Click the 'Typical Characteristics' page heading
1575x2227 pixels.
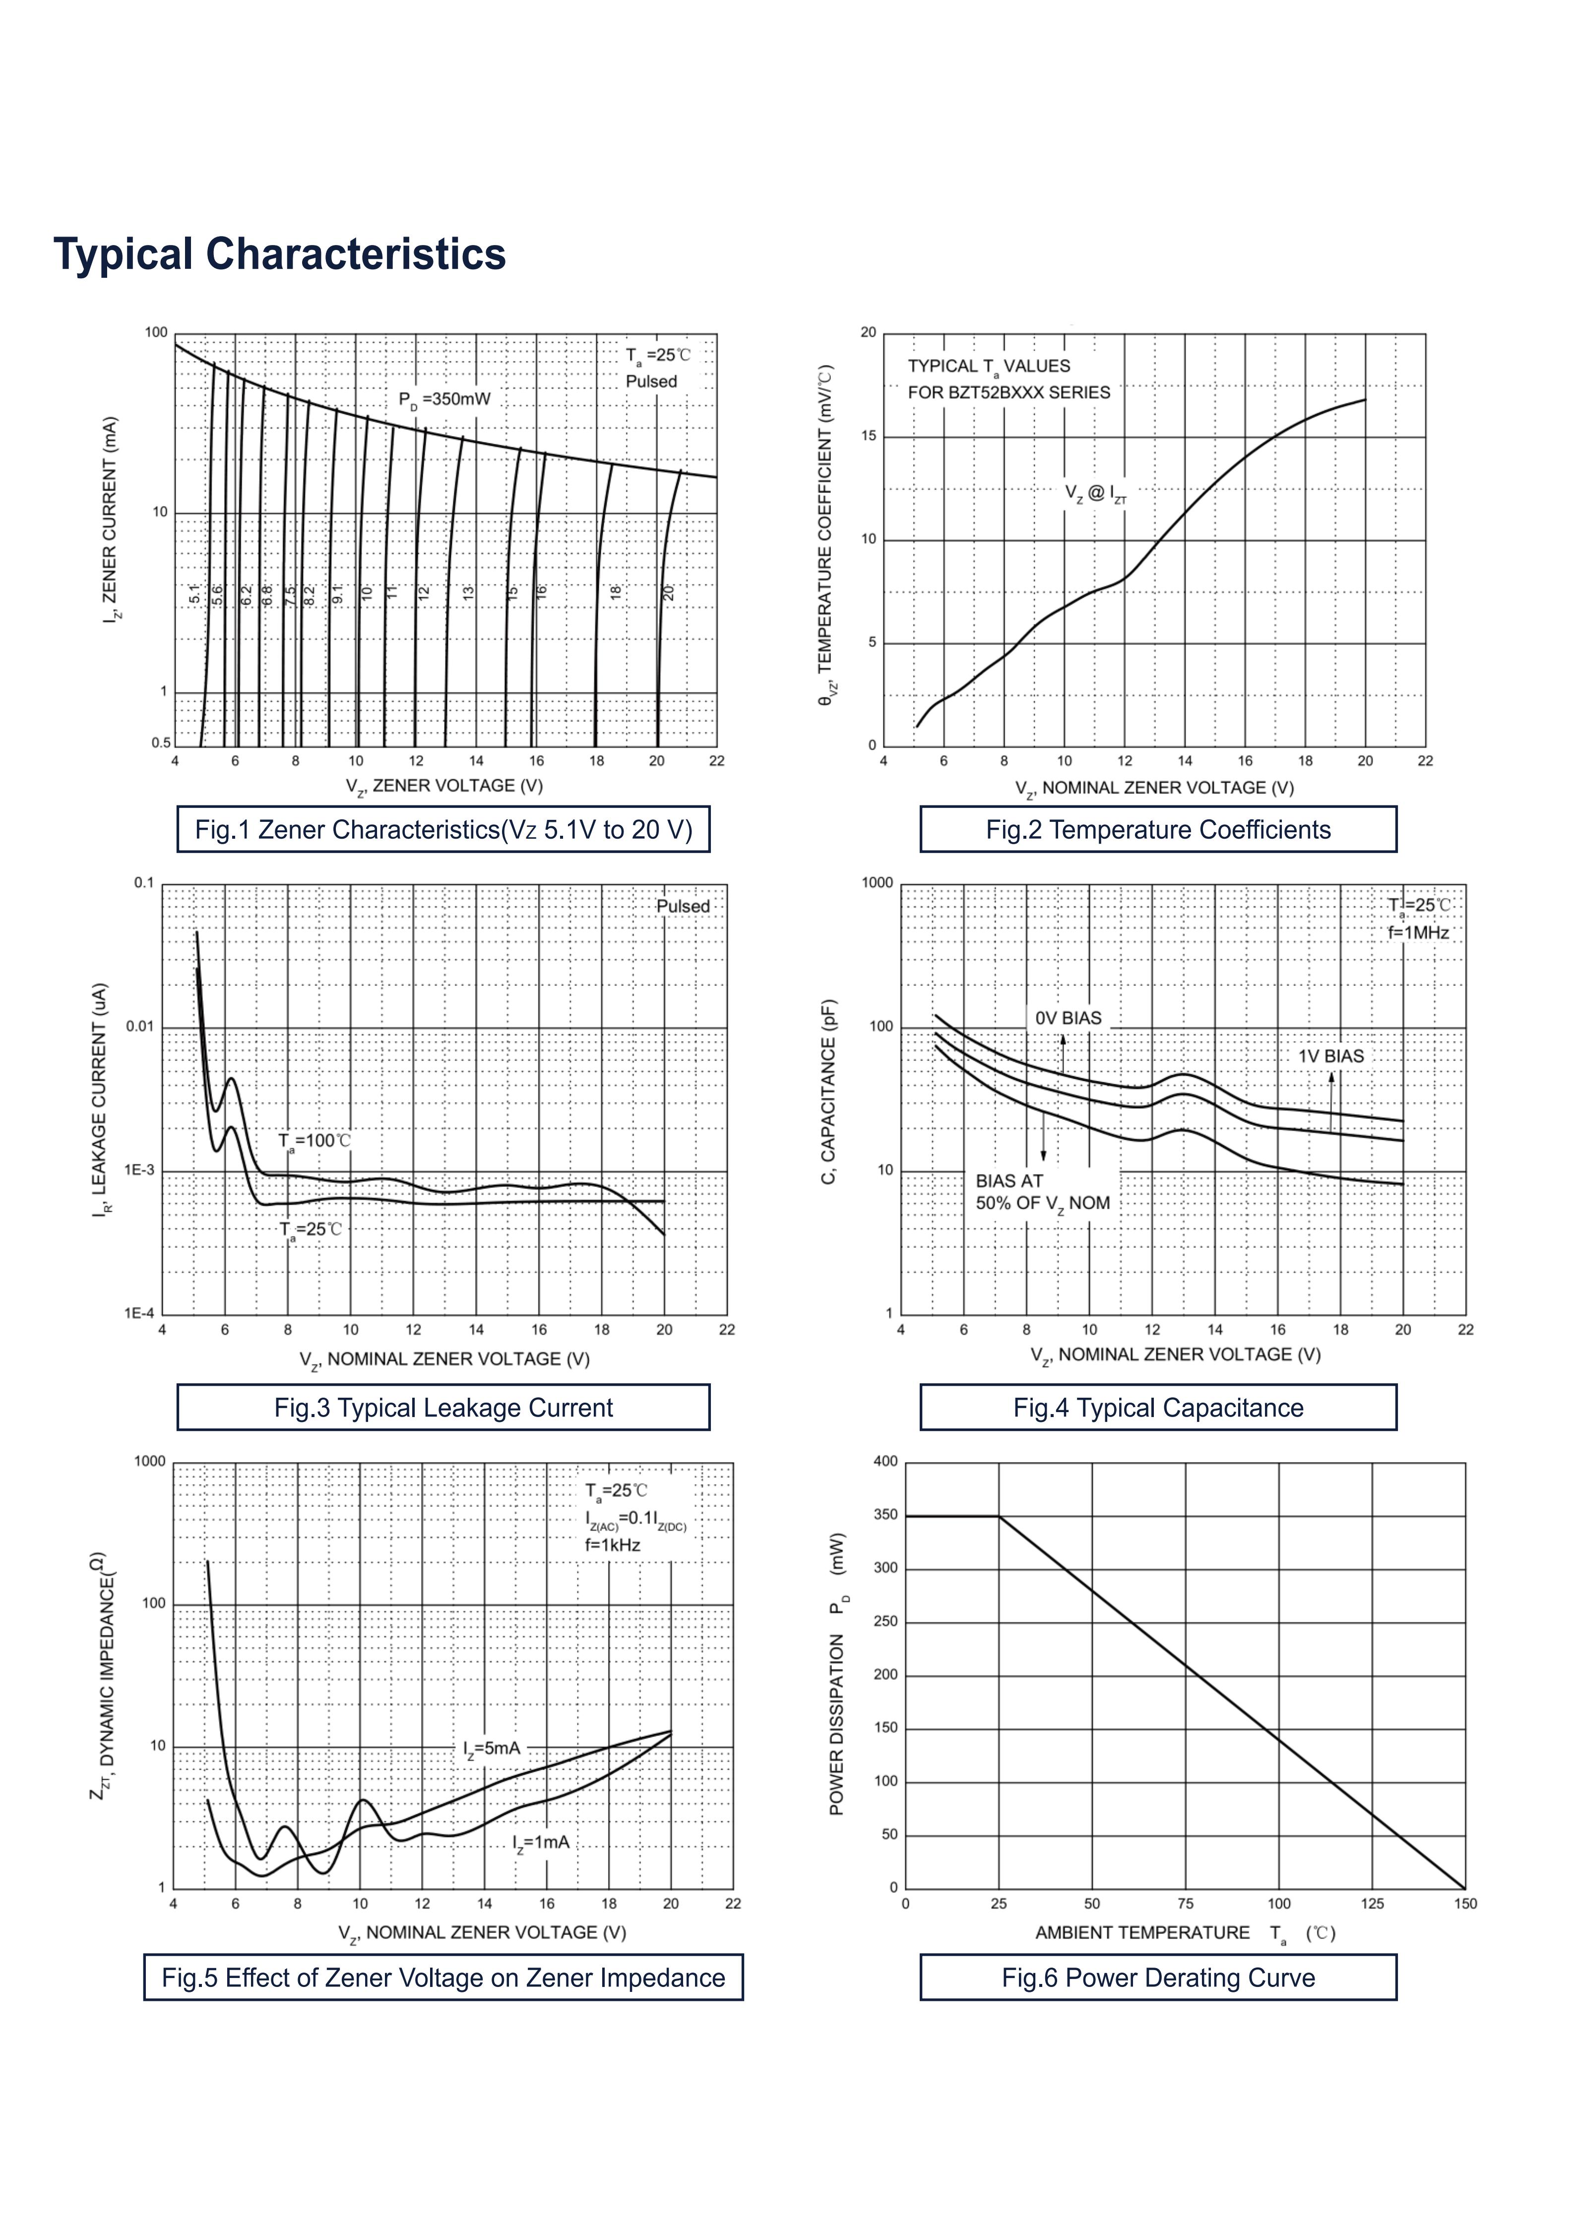pyautogui.click(x=279, y=254)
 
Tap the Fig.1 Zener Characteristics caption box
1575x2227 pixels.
pyautogui.click(x=443, y=829)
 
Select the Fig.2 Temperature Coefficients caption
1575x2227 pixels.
pyautogui.click(x=1158, y=829)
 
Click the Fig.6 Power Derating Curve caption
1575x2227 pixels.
pyautogui.click(x=1158, y=1978)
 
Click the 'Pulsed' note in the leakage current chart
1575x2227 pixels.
pyautogui.click(x=683, y=906)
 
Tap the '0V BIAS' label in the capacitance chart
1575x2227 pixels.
pyautogui.click(x=1068, y=1017)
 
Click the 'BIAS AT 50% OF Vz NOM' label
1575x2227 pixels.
pyautogui.click(x=1043, y=1192)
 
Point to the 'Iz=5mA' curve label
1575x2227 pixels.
pyautogui.click(x=492, y=1749)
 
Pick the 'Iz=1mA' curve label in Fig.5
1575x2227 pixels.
pyautogui.click(x=541, y=1842)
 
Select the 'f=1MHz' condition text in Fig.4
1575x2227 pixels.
pyautogui.click(x=1418, y=932)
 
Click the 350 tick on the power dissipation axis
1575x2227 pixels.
pyautogui.click(x=885, y=1514)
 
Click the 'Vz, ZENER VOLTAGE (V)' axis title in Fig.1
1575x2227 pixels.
pyautogui.click(x=444, y=786)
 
